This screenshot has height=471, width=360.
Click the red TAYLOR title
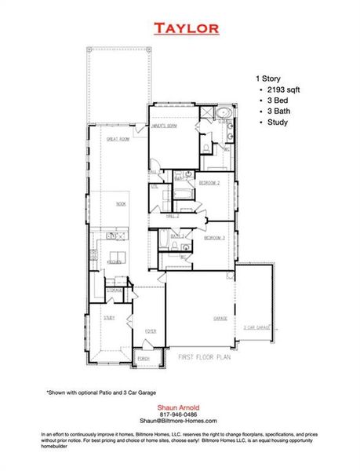click(x=186, y=29)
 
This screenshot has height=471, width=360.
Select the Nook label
click(x=120, y=203)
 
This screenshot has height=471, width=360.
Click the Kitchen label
click(x=114, y=262)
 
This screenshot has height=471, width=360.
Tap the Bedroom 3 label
click(x=214, y=237)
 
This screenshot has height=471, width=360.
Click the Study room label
click(x=109, y=317)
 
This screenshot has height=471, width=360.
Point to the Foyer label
click(x=150, y=331)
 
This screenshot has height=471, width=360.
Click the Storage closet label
click(x=115, y=290)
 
